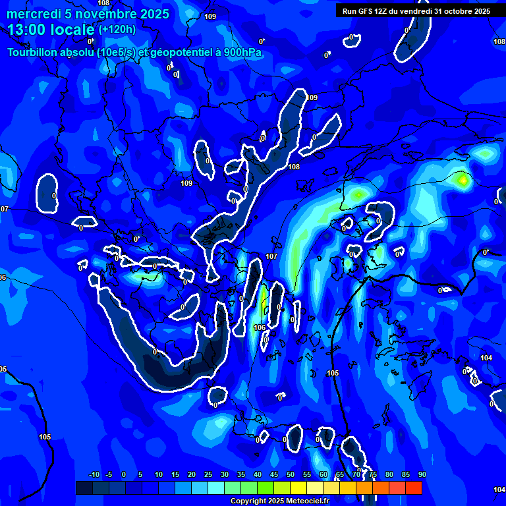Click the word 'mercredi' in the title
pyautogui.click(x=30, y=14)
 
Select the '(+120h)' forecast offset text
pyautogui.click(x=117, y=29)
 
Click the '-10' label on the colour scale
pyautogui.click(x=94, y=475)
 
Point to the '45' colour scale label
pyautogui.click(x=274, y=475)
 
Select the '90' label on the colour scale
pyautogui.click(x=422, y=475)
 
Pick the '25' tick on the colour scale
pyautogui.click(x=208, y=475)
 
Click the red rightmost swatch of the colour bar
pyautogui.click(x=414, y=488)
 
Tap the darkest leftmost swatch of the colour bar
pyautogui.click(x=84, y=488)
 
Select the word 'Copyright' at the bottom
pyautogui.click(x=248, y=501)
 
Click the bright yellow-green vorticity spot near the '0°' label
pyautogui.click(x=463, y=179)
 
